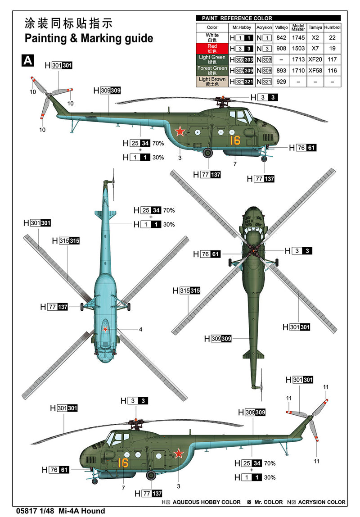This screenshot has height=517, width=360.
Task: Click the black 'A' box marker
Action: [x=27, y=61]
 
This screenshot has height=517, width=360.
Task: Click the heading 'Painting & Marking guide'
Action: [x=89, y=38]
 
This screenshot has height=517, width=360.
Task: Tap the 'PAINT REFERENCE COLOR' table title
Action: [x=234, y=18]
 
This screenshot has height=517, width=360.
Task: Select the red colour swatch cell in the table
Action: [x=212, y=48]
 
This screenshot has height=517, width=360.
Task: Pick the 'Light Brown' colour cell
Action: [x=212, y=82]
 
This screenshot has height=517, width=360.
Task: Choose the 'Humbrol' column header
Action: [x=332, y=27]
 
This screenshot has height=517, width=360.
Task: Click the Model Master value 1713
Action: [x=298, y=59]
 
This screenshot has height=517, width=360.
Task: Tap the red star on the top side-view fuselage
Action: [x=180, y=132]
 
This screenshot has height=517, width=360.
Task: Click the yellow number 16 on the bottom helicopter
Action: [x=123, y=463]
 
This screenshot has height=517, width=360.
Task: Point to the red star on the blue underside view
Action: [x=106, y=330]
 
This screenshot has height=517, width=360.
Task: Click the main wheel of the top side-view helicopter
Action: [x=208, y=153]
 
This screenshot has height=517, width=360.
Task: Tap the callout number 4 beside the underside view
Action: [x=140, y=330]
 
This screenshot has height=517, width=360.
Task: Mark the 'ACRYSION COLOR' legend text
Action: [x=323, y=502]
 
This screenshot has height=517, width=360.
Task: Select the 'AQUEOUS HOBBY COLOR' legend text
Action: [x=207, y=502]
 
